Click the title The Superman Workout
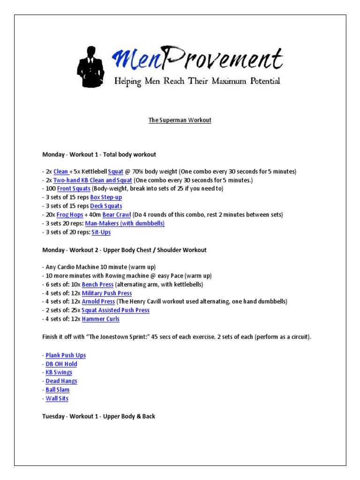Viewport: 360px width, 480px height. click(180, 120)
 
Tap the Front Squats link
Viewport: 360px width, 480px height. click(74, 189)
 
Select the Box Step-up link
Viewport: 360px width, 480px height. click(106, 197)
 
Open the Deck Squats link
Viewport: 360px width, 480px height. click(106, 206)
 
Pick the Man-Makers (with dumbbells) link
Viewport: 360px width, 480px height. click(125, 224)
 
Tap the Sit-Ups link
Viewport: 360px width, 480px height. click(101, 232)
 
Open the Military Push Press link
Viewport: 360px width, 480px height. click(106, 293)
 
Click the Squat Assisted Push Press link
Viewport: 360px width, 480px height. click(115, 310)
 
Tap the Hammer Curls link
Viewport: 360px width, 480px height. click(100, 319)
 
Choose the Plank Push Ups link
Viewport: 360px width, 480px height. click(66, 355)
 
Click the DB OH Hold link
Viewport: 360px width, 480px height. click(61, 364)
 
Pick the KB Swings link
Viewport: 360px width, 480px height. click(59, 373)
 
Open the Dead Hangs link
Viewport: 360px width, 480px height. click(61, 381)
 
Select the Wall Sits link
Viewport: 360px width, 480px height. click(57, 398)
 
